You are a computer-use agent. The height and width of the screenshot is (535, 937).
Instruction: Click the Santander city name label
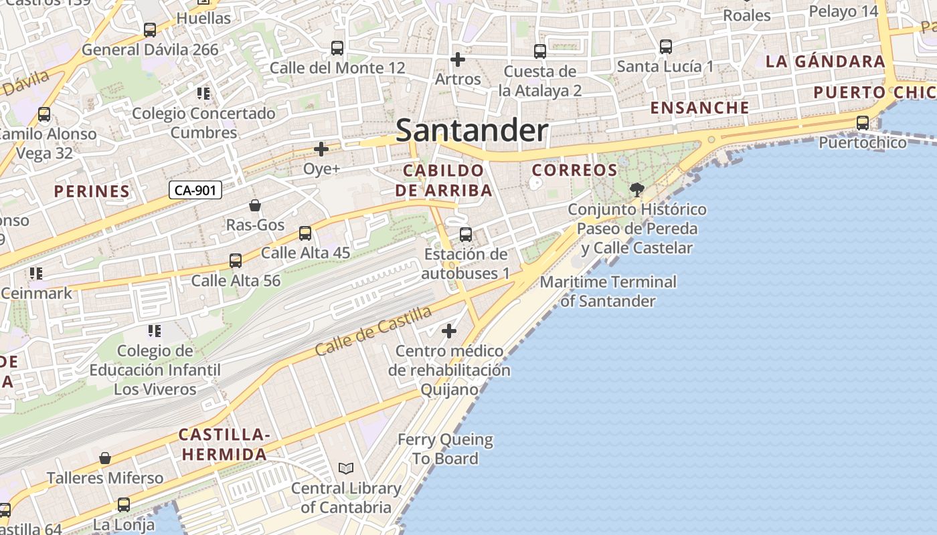tap(472, 130)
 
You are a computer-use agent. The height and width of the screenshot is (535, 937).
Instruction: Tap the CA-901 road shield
tap(195, 191)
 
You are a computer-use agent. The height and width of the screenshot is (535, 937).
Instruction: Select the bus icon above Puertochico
tap(863, 123)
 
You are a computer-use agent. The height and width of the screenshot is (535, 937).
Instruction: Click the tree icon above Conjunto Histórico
tap(636, 190)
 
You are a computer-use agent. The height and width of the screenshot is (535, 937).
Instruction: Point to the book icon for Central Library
tap(346, 469)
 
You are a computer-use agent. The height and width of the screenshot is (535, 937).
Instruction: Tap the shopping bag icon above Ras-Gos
tap(255, 205)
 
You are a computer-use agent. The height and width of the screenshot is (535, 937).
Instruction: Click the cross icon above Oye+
tap(321, 149)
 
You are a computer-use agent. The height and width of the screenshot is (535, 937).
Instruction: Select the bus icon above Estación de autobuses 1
tap(466, 235)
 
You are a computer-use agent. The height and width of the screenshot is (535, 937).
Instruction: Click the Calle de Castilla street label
tap(373, 330)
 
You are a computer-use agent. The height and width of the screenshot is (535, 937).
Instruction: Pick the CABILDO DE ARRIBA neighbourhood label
tap(443, 181)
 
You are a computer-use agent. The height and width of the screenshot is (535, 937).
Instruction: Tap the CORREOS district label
tap(574, 170)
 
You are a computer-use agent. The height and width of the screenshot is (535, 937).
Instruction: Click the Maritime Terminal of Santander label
tap(608, 292)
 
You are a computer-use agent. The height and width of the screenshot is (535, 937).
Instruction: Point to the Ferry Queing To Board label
tap(445, 449)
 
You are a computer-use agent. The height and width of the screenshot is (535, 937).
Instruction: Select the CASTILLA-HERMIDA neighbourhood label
tap(224, 445)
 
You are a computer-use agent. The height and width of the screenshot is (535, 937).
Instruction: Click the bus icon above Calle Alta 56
tap(236, 261)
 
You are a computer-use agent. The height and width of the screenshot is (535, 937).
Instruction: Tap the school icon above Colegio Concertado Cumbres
tap(203, 94)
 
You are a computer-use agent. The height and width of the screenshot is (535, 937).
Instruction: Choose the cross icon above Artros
tap(458, 60)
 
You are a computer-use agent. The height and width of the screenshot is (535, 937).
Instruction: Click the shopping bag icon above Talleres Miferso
tap(105, 458)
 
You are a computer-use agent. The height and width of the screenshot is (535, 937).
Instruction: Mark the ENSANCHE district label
tap(699, 108)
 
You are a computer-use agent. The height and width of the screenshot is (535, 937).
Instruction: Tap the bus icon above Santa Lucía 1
tap(665, 47)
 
